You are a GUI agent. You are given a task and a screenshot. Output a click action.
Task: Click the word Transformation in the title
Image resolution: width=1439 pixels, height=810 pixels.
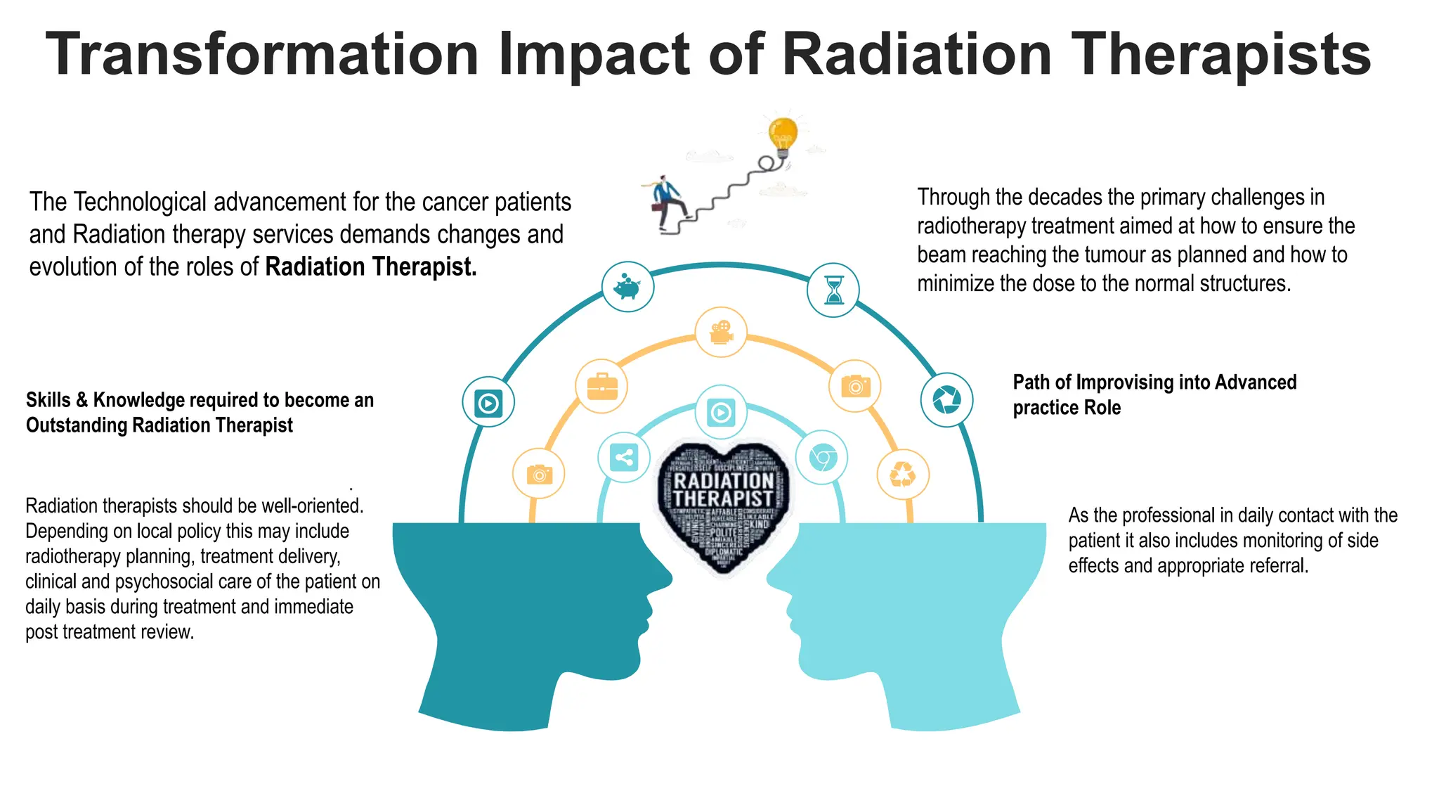pos(262,55)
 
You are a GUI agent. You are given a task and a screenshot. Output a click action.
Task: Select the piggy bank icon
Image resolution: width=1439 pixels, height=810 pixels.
pos(627,287)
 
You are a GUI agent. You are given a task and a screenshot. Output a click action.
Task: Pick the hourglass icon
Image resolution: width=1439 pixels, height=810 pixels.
pos(833,290)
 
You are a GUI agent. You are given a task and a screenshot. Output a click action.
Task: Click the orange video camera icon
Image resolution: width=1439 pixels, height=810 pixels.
pos(721,332)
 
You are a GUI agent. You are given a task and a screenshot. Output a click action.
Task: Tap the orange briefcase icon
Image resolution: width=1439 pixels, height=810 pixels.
pos(601,386)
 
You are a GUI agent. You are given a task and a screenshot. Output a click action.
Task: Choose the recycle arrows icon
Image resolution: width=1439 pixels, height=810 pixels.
pos(903,475)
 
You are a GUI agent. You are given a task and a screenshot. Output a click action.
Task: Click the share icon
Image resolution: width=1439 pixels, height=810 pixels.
pos(624,458)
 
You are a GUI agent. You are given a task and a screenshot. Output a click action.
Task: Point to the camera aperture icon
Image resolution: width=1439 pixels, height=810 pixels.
pos(946,400)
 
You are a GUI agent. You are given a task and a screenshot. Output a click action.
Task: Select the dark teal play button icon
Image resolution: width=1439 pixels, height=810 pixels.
pos(488,403)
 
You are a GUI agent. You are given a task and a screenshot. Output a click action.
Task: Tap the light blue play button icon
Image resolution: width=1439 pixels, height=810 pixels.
pos(721,412)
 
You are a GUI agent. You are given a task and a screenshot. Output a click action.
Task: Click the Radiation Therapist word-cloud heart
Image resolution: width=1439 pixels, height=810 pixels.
pos(724,503)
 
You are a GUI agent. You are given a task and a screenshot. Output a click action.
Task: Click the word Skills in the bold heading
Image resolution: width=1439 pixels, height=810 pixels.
pos(47,400)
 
